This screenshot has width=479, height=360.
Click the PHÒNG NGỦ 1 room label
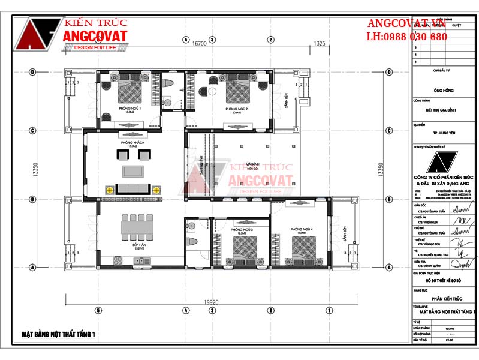tap(129, 109)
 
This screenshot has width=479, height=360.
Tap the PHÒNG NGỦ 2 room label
tap(237, 109)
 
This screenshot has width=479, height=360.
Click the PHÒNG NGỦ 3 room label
tap(240, 230)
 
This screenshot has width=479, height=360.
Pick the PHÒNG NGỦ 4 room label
tap(302, 229)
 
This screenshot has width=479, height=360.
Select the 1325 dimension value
tap(319, 44)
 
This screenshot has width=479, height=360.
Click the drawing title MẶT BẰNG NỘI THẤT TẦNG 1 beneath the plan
tap(59, 334)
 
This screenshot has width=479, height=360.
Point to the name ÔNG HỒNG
tap(442, 91)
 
